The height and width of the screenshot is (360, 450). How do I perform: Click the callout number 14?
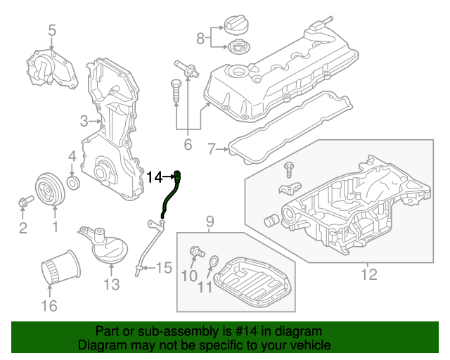pyautogui.click(x=154, y=176)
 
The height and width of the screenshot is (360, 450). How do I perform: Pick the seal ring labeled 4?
pyautogui.click(x=72, y=184)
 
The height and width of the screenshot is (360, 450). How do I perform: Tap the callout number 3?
pyautogui.click(x=84, y=120)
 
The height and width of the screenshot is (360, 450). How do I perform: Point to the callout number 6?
pyautogui.click(x=187, y=145)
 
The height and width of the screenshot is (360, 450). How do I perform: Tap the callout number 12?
pyautogui.click(x=368, y=274)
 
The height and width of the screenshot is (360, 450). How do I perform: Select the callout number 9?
pyautogui.click(x=210, y=223)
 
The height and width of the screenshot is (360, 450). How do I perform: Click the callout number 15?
pyautogui.click(x=163, y=267)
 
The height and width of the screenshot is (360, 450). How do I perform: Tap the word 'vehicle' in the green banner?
pyautogui.click(x=310, y=345)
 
